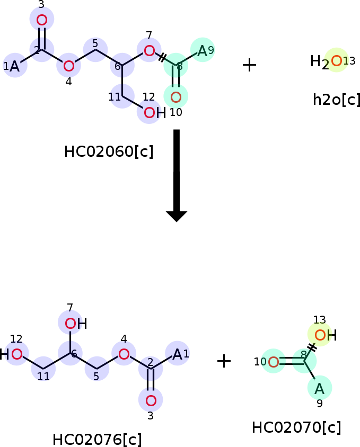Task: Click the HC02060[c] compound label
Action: tap(109, 151)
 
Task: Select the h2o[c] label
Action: tap(336, 100)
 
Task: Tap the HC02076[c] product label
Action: tap(97, 439)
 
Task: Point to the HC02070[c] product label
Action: tap(296, 427)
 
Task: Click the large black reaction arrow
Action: tap(177, 176)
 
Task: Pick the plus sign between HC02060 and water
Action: tap(250, 65)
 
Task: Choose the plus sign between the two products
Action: tap(224, 361)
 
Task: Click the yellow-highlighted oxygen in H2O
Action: tap(337, 61)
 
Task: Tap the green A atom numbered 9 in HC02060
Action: tap(202, 51)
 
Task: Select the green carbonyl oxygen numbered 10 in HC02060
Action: tap(176, 97)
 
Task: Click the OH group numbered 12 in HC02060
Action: tap(155, 113)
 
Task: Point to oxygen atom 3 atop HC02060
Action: tap(42, 20)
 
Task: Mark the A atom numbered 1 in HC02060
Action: tap(14, 67)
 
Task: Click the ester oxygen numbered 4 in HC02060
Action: tap(68, 66)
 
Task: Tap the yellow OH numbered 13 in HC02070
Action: tap(326, 335)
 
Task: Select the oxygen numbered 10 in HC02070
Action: tap(274, 362)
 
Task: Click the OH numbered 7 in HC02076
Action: tap(76, 324)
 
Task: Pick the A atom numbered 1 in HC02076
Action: tap(177, 355)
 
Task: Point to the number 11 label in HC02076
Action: tap(43, 377)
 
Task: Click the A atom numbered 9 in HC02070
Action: tap(320, 389)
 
